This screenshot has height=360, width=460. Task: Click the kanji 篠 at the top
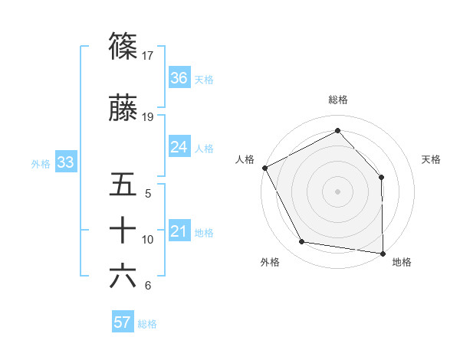tap(123, 46)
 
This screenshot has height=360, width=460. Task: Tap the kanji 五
tap(123, 185)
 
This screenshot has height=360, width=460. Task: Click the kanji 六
tap(123, 277)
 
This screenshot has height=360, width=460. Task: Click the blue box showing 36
tap(179, 78)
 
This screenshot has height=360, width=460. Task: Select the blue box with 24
tap(179, 147)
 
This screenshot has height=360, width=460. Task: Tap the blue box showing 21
tap(179, 231)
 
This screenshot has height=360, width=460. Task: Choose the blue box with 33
tap(65, 162)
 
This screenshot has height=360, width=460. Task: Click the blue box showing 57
tap(123, 322)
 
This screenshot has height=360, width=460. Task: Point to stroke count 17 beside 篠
tap(149, 55)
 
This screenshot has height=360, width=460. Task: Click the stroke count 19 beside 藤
tap(149, 117)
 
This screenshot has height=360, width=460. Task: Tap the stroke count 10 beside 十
tap(148, 240)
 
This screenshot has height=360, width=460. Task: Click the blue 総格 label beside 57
tap(147, 323)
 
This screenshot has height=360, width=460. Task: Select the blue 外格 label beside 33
tap(41, 163)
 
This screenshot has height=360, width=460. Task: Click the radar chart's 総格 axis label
tap(338, 100)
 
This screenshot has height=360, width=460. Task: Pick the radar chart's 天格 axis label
tap(432, 159)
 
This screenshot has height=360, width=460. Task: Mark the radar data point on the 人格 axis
tap(264, 168)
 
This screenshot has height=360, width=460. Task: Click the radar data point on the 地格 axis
tap(383, 253)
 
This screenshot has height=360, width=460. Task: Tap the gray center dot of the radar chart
tap(338, 191)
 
